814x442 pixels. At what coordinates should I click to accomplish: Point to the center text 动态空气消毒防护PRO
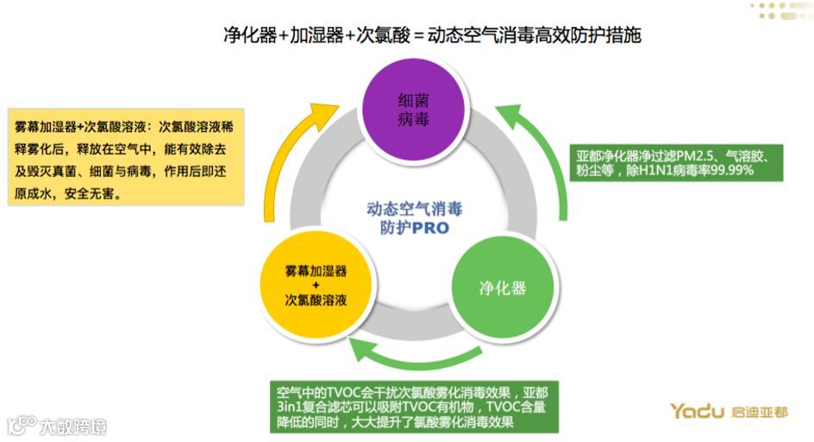[415, 218]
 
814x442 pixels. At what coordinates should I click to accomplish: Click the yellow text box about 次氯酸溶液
[124, 155]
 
